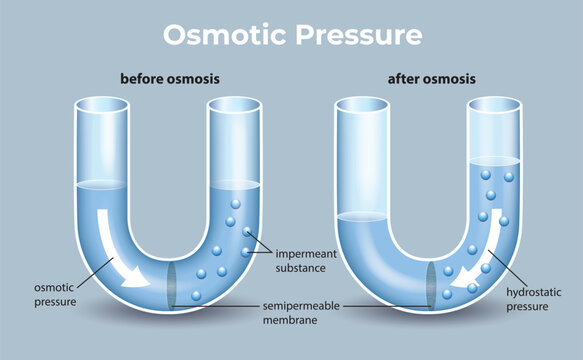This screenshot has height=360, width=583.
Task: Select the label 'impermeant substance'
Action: pos(308,261)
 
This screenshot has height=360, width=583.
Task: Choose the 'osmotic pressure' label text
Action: pos(45,291)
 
